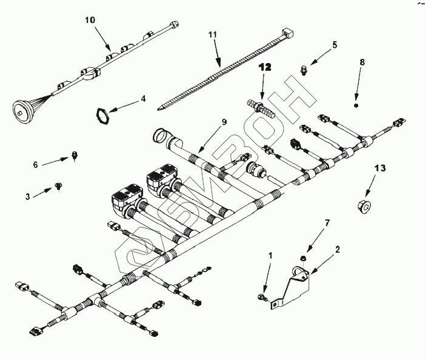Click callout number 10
pyautogui.click(x=90, y=21)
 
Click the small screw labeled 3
pyautogui.click(x=58, y=185)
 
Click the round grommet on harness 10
pyautogui.click(x=24, y=109)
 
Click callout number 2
pyautogui.click(x=338, y=248)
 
